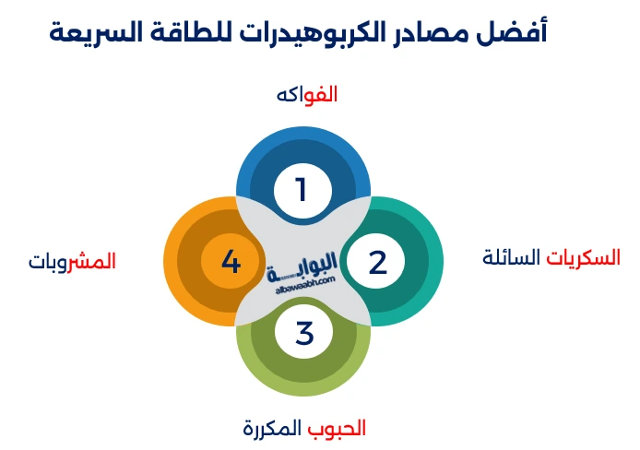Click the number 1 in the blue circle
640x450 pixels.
pyautogui.click(x=301, y=190)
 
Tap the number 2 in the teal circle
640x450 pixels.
pyautogui.click(x=377, y=262)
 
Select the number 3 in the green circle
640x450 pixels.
pyautogui.click(x=304, y=332)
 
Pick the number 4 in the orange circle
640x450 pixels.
pyautogui.click(x=231, y=262)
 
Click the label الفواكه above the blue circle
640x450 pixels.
pyautogui.click(x=307, y=94)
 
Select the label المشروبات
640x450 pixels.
pyautogui.click(x=72, y=261)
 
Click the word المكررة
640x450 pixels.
pyautogui.click(x=272, y=428)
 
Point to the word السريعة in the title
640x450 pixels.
pyautogui.click(x=100, y=31)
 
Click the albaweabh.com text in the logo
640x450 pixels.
pyautogui.click(x=304, y=287)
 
